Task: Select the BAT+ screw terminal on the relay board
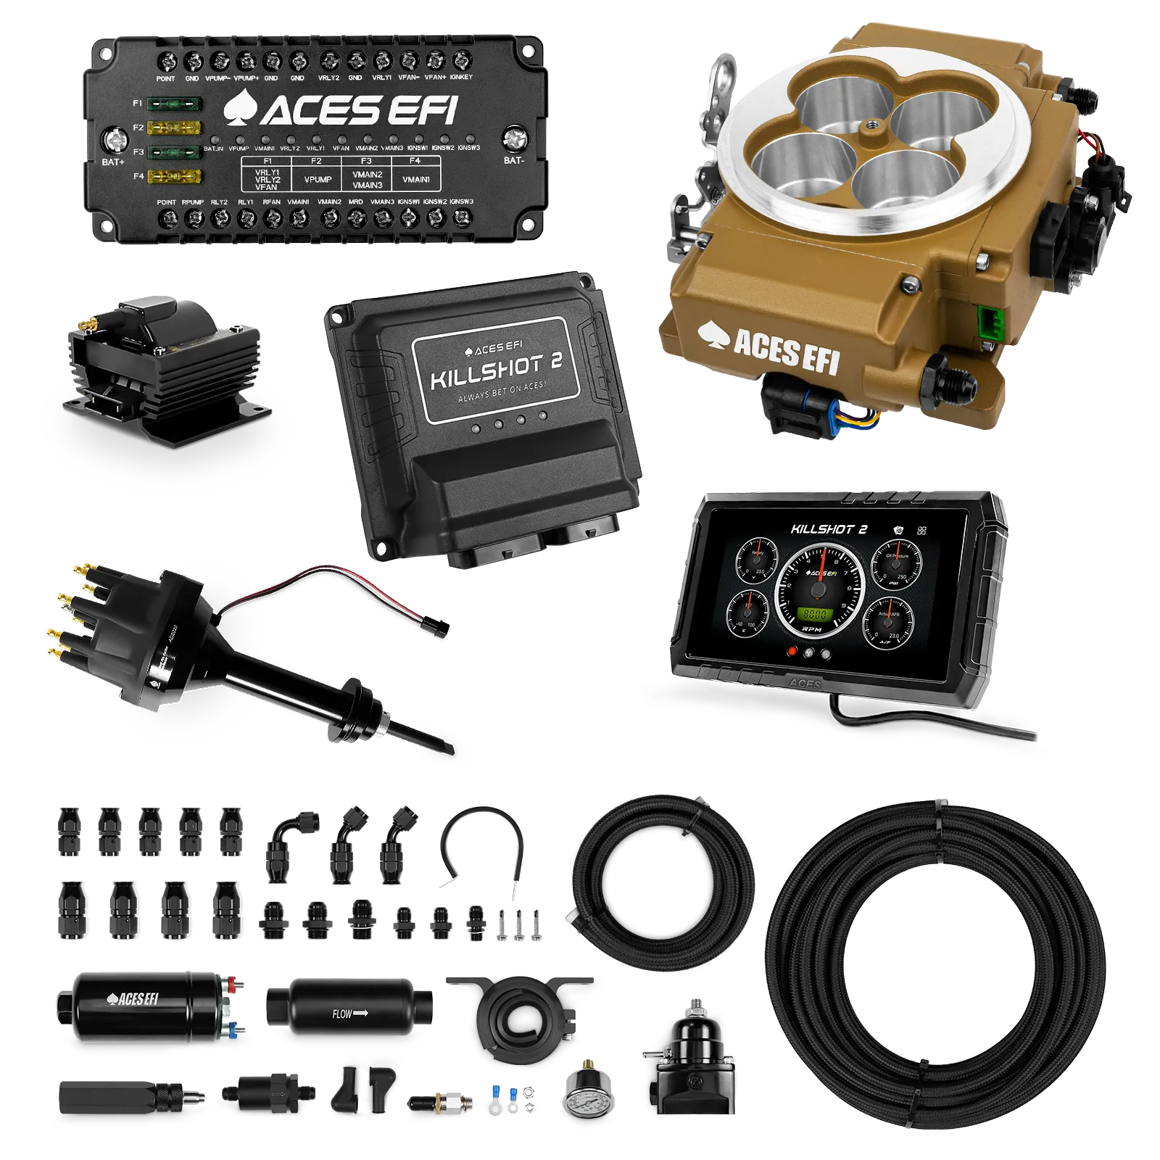pos(115,139)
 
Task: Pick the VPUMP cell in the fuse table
pos(318,179)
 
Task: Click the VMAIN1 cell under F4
pos(415,179)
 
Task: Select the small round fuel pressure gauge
pos(587,1103)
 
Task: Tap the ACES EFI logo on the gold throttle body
pos(769,349)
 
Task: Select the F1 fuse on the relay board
pos(174,104)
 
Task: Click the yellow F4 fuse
pos(174,176)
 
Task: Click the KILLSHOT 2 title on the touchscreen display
pos(829,529)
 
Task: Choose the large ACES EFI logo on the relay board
pos(341,110)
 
